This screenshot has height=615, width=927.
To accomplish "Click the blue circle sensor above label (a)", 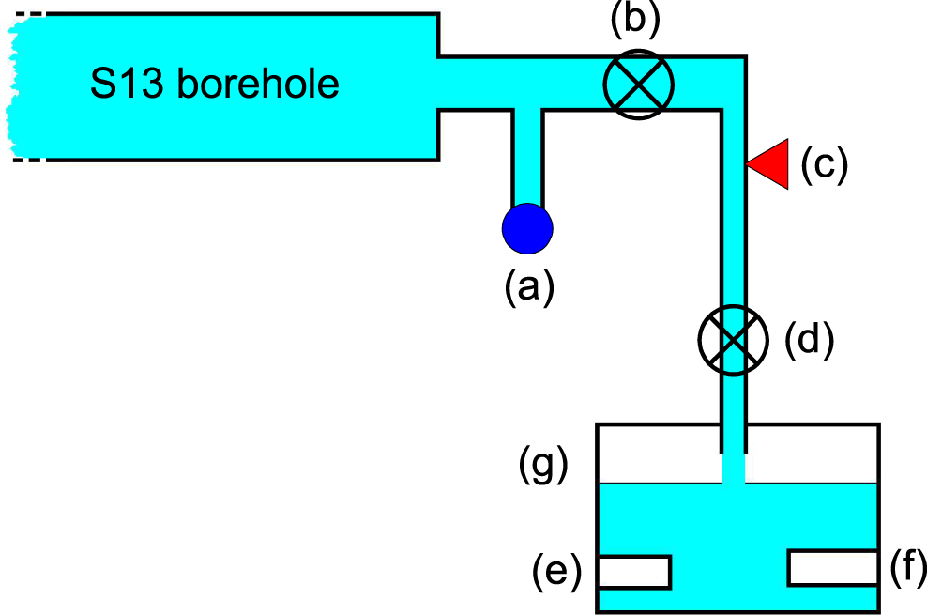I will (527, 228).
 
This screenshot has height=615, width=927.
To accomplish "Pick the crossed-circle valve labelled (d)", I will (734, 339).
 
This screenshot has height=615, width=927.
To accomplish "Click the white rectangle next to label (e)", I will (634, 572).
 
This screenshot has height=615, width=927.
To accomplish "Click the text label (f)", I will (907, 566).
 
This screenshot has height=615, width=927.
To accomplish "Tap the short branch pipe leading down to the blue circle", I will (527, 155).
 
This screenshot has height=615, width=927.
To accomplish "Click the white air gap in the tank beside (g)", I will (657, 454).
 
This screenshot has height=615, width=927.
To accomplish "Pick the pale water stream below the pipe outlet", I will (734, 469).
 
